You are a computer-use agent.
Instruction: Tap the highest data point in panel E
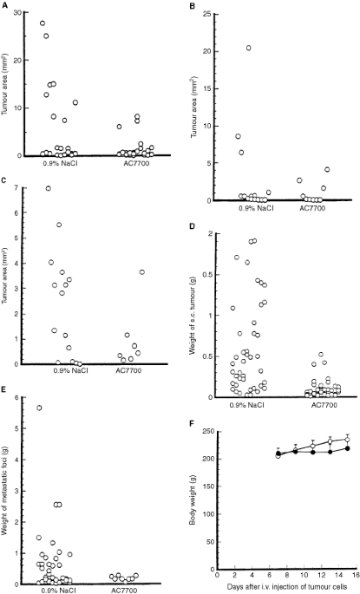click(x=40, y=408)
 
